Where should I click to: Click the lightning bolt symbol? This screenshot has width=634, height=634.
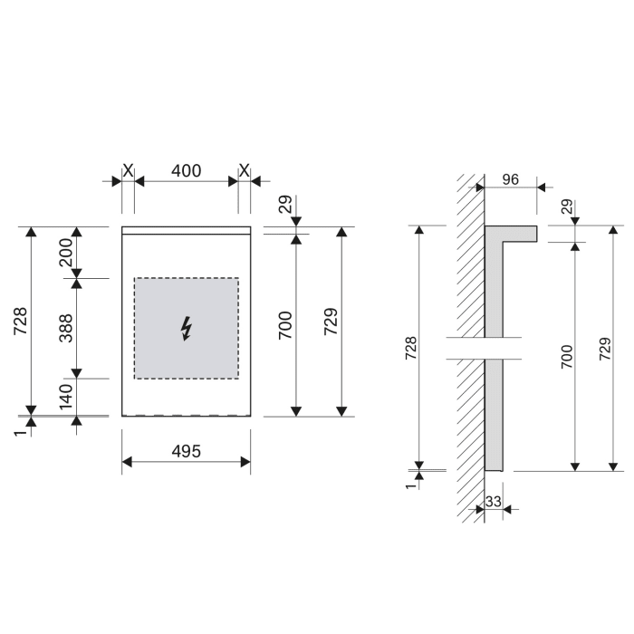click(x=187, y=329)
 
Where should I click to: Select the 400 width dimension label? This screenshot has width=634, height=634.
click(x=187, y=170)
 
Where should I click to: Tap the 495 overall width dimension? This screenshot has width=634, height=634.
click(x=187, y=451)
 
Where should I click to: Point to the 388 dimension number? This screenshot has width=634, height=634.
click(x=66, y=329)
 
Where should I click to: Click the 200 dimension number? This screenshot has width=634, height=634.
click(x=66, y=253)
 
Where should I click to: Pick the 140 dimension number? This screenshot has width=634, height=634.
click(x=66, y=397)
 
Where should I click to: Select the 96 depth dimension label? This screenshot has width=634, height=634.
click(x=509, y=179)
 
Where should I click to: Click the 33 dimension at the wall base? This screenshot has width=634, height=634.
click(x=494, y=501)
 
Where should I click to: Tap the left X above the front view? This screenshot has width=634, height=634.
click(x=128, y=170)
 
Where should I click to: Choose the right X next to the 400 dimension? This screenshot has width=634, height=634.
click(x=245, y=170)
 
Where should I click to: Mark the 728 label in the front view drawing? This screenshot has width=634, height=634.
click(x=21, y=322)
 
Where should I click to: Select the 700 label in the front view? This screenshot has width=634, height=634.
click(x=284, y=324)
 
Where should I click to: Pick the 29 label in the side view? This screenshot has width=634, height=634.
click(x=566, y=207)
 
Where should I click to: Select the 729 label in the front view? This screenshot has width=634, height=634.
click(x=331, y=322)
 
